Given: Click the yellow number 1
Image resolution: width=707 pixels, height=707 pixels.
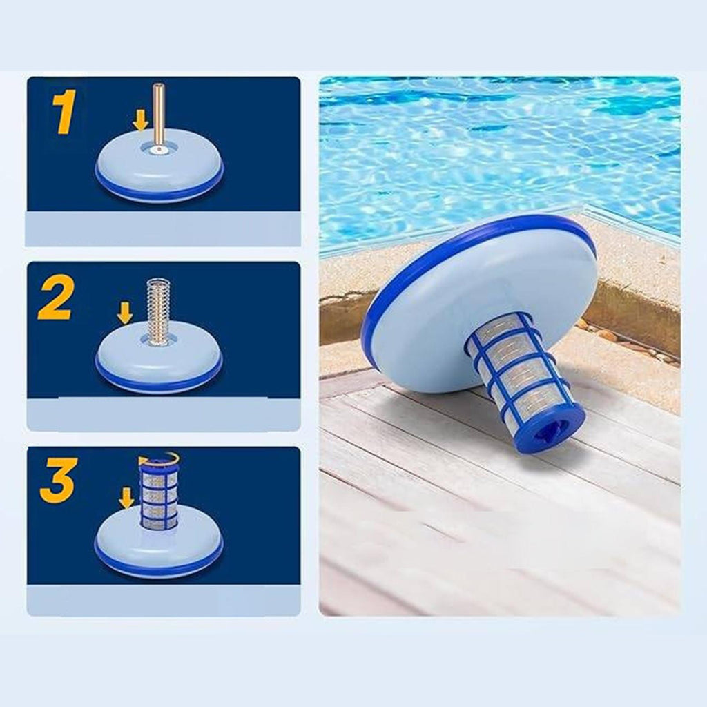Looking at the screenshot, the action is tap(64, 112).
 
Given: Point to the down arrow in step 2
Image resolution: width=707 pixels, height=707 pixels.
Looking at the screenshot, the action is tap(125, 313).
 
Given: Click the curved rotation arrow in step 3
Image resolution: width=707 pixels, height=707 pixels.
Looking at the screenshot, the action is tap(159, 458).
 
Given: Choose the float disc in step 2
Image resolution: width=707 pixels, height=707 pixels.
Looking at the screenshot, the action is tap(159, 359).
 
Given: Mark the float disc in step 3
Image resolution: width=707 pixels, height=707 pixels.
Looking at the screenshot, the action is tap(159, 543).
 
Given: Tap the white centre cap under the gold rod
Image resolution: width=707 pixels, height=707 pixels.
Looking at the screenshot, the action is tap(158, 149).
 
